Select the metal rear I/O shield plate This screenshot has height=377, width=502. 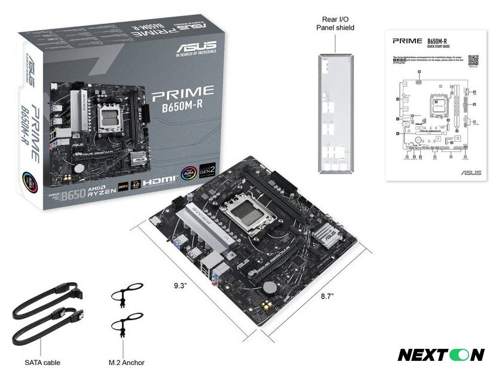[x=336, y=114]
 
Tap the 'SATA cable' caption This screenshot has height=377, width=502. [x=42, y=362]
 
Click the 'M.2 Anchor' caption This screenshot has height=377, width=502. [x=126, y=362]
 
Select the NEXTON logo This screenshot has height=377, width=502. [x=440, y=354]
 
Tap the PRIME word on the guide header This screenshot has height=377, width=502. [x=405, y=42]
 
